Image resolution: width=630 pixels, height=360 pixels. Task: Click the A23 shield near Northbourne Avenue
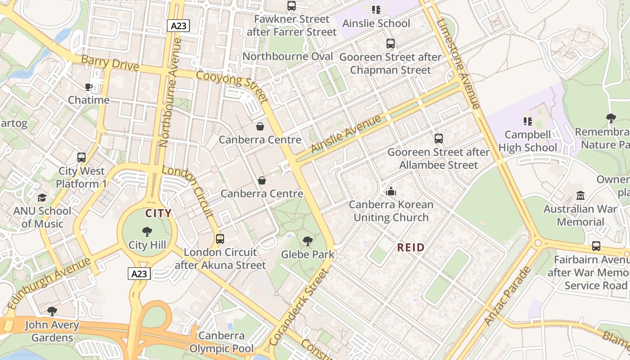179,26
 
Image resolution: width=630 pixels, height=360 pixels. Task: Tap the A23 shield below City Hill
139,274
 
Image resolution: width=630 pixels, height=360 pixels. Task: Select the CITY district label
158,213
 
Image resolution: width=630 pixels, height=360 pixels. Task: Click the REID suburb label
411,247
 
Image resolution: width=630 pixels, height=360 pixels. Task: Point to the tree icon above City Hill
147,232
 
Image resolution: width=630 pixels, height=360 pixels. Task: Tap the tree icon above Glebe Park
308,241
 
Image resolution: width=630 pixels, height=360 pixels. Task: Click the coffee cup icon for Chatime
89,87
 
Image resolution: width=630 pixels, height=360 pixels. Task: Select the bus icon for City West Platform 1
81,157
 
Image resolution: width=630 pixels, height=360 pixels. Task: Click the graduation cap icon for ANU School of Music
42,198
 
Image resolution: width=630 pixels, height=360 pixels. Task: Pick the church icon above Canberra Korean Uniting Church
391,191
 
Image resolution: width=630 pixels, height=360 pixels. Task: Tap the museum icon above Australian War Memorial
580,196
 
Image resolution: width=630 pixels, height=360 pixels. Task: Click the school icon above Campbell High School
527,121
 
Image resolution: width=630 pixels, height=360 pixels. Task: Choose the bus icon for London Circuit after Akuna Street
220,239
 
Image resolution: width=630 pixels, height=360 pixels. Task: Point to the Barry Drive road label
110,63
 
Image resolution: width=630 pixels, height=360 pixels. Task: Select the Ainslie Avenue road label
346,134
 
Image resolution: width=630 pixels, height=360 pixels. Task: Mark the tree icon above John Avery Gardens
52,311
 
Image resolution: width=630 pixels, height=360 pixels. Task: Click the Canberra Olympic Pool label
221,342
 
